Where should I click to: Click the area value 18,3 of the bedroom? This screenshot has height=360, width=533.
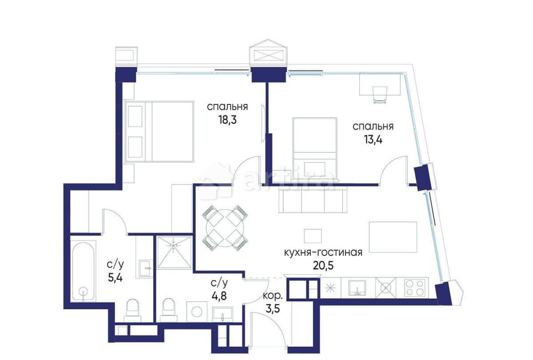(x=227, y=120)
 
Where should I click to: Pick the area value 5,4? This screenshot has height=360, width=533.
(x=115, y=277)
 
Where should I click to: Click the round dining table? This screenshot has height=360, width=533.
(x=225, y=228)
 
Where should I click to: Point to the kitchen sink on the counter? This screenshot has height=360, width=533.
(x=357, y=287)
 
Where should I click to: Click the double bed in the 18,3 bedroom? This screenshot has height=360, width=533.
(x=159, y=131)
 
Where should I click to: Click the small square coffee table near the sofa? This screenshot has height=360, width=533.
(x=312, y=235)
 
